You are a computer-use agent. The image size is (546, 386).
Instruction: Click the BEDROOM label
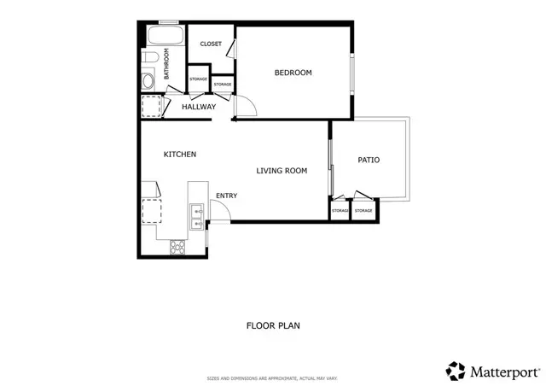tap(293, 73)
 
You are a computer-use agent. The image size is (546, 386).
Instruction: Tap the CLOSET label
tap(211, 44)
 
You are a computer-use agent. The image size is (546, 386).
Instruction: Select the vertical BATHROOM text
tap(167, 64)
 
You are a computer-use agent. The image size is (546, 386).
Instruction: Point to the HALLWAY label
tap(199, 107)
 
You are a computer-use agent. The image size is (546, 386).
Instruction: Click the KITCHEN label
tap(180, 155)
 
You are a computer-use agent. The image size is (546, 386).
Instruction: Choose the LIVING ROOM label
tap(282, 171)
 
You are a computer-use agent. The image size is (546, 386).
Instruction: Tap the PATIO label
tap(369, 160)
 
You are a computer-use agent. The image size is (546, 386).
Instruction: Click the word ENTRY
tap(226, 196)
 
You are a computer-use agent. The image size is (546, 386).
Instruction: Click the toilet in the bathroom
tap(148, 58)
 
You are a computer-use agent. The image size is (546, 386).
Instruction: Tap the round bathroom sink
tap(148, 81)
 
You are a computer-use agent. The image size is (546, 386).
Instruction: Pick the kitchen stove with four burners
tap(178, 247)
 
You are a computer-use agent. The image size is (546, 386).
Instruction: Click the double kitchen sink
tap(196, 217)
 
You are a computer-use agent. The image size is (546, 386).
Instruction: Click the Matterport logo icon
tap(456, 371)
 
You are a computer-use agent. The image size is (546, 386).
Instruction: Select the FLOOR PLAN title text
tap(273, 325)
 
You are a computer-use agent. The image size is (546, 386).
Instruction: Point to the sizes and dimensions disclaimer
tap(273, 377)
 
